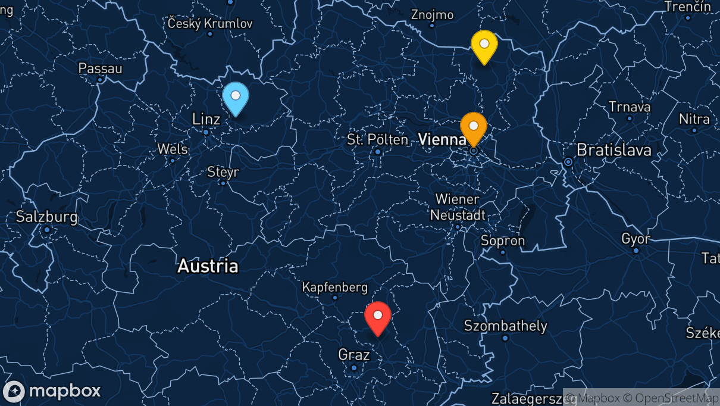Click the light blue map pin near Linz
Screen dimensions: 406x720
click(236, 98)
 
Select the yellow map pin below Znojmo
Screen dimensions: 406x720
click(484, 46)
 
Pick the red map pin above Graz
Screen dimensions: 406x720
click(377, 317)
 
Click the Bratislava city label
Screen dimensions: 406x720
click(614, 150)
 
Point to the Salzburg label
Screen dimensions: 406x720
click(47, 217)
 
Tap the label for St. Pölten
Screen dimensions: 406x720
click(378, 140)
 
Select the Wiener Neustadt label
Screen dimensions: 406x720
click(458, 207)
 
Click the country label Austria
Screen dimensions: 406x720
click(208, 266)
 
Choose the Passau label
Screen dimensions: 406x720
click(101, 68)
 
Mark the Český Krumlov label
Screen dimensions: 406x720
click(210, 24)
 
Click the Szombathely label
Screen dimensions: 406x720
click(505, 326)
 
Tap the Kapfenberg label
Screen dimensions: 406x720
click(335, 287)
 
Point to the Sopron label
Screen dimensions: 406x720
click(503, 241)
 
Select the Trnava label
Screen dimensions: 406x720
click(630, 107)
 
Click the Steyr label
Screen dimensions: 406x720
click(223, 172)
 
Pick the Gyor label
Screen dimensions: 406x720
click(636, 239)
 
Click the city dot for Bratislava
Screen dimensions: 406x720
click(568, 162)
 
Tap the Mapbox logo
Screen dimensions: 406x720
click(52, 391)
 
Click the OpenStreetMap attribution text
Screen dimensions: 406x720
click(668, 398)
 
